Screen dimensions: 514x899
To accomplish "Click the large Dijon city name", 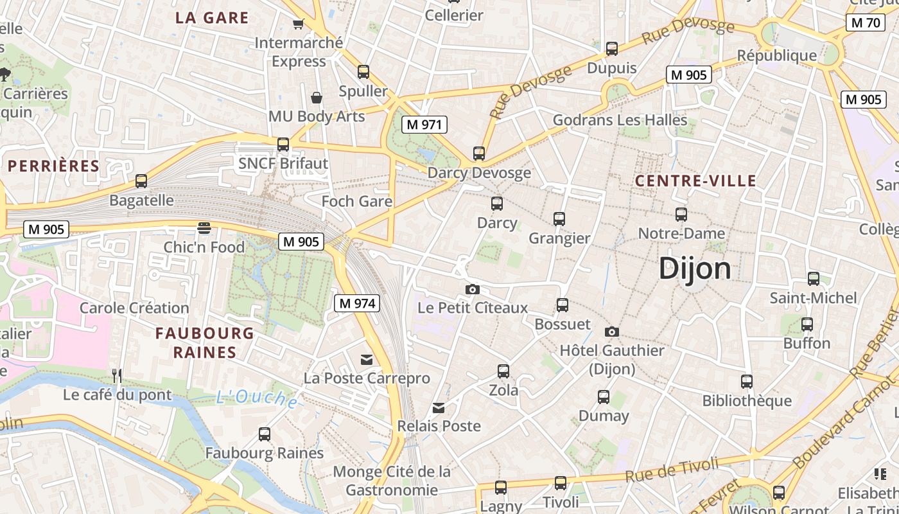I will click(695, 269).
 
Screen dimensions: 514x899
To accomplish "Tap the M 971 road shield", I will click(424, 125).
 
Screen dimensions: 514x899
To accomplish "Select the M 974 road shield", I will click(356, 303).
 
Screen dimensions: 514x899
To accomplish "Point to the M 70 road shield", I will click(864, 23).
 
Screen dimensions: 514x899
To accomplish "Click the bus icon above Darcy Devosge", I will click(479, 154).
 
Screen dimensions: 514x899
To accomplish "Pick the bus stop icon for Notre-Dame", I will click(681, 215).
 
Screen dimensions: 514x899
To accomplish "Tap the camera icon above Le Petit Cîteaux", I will click(473, 290).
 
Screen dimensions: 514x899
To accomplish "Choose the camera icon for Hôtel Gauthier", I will click(612, 332).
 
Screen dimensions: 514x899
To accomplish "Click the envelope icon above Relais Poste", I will click(439, 408).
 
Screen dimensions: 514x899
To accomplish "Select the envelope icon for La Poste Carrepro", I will click(367, 360).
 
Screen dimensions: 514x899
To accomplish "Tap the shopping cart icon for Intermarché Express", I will click(298, 24).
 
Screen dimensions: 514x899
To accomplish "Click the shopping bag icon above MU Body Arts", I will click(316, 98).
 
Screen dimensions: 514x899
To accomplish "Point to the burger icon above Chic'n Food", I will click(204, 228).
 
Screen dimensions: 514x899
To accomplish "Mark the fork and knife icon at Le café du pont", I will click(117, 375).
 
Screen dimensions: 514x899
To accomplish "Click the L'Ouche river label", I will click(257, 398).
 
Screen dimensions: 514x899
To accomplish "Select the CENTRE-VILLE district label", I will click(695, 181).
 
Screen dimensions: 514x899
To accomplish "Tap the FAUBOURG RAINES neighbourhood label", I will click(205, 342).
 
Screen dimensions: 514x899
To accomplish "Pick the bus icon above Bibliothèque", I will click(747, 382).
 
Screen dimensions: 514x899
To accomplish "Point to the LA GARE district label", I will click(212, 18).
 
